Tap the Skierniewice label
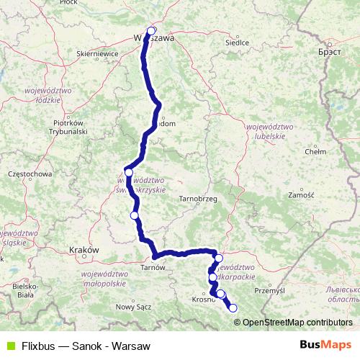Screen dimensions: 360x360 [x=97, y=53]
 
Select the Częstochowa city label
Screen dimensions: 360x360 [x=29, y=174]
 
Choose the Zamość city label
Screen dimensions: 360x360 [x=301, y=195]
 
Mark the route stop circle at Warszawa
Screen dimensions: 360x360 [x=151, y=31]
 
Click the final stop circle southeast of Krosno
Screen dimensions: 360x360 [x=233, y=308]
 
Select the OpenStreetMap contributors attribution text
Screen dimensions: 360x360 [x=297, y=322]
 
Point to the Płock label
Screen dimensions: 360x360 [x=89, y=3]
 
